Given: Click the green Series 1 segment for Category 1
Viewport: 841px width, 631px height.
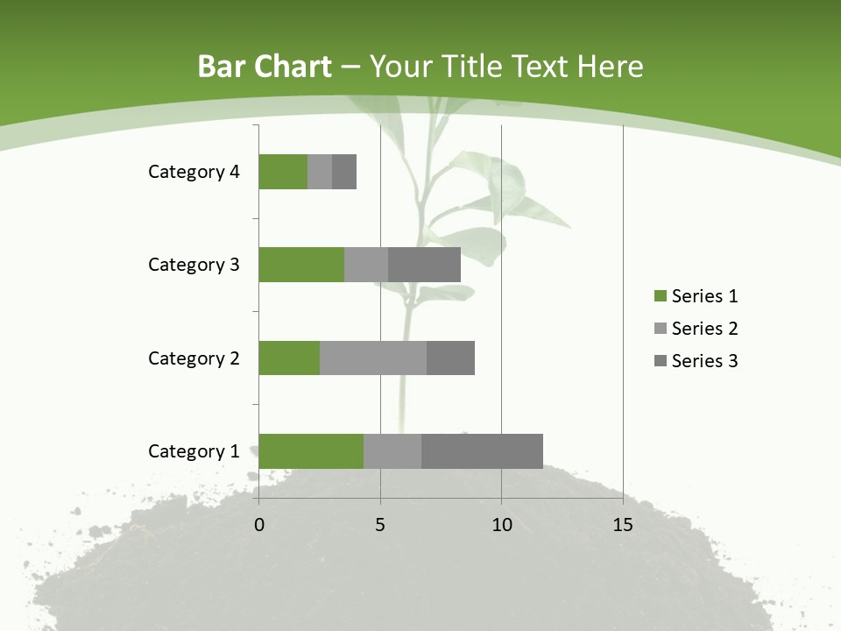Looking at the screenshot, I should coord(310,451).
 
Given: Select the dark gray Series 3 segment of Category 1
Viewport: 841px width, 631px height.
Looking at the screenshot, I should coord(482,451).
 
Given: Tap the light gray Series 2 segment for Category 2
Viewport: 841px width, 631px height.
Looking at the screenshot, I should coord(372,358).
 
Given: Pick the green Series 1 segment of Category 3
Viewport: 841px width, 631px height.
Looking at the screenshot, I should coord(300,265).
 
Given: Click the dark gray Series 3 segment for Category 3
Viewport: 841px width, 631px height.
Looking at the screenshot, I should coord(424,265).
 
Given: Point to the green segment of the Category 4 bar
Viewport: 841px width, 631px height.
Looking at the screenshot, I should coord(282,172).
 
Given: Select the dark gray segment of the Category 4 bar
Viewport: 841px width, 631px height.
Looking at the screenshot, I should coord(344,172).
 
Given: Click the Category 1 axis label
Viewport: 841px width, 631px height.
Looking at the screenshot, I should coord(193,451).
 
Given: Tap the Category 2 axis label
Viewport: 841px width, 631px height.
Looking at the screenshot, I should coord(193,358).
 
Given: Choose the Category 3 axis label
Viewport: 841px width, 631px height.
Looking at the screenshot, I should coord(193,265).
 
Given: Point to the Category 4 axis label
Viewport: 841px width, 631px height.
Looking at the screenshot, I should coord(193,172).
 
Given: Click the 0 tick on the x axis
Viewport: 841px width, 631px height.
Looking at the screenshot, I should coord(258,525).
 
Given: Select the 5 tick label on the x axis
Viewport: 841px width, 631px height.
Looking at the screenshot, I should coord(380,525).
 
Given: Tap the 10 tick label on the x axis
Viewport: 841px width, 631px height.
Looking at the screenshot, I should coord(501,525).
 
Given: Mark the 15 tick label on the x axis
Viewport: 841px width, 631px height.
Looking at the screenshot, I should coord(623,525).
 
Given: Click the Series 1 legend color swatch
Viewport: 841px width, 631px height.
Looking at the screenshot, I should coord(660,296).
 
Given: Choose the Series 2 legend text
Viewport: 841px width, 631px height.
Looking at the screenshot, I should coord(704,329).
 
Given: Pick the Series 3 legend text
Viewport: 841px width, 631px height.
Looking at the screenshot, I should coord(704,361).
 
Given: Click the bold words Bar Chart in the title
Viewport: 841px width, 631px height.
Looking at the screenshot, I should coord(264,67).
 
